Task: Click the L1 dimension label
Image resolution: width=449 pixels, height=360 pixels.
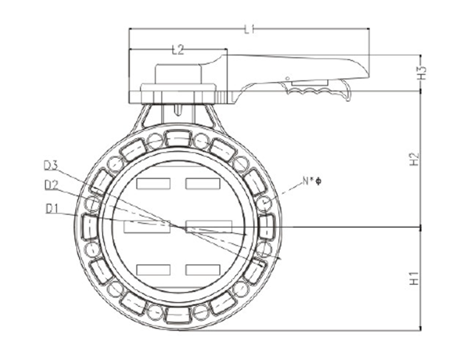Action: (x=250, y=29)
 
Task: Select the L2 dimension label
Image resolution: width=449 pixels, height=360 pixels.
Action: (x=177, y=49)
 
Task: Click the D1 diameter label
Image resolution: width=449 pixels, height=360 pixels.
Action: (x=51, y=209)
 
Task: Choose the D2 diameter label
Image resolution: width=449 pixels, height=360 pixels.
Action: (x=51, y=184)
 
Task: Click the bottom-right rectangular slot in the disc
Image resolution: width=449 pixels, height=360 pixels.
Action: (x=203, y=269)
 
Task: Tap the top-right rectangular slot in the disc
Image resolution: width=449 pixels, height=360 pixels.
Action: (x=203, y=182)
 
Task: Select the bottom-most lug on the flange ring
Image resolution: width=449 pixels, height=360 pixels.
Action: (x=178, y=316)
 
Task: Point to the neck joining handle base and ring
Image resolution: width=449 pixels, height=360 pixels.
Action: (x=178, y=115)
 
